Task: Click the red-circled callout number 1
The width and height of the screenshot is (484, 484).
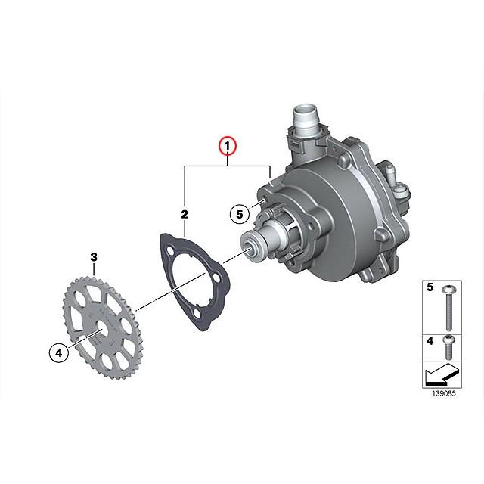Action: point(228,144)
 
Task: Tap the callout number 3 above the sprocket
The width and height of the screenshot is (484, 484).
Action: point(94,258)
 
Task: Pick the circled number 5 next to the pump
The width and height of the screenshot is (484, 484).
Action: point(239,214)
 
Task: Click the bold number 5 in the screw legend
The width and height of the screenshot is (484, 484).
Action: point(430,288)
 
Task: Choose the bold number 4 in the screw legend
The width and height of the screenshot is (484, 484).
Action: point(430,341)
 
